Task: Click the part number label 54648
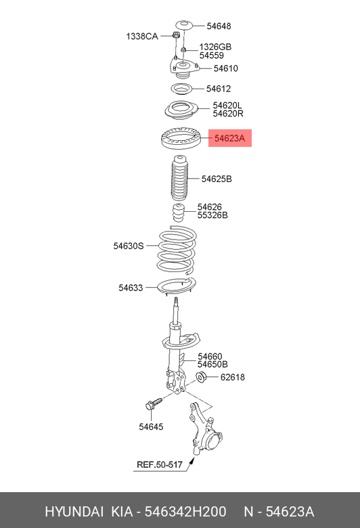(219, 26)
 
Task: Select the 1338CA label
(142, 36)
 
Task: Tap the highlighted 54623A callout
(230, 138)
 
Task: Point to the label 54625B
(217, 179)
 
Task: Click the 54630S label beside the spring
(129, 246)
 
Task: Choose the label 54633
(131, 288)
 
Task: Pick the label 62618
(233, 377)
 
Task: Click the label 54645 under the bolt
(151, 426)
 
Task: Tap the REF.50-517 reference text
(160, 464)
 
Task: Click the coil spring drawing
(177, 250)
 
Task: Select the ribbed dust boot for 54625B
(179, 178)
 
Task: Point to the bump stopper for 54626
(179, 213)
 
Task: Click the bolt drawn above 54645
(154, 403)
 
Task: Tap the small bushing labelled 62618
(201, 376)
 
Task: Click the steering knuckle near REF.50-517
(204, 428)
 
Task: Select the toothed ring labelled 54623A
(181, 138)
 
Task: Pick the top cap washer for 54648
(184, 25)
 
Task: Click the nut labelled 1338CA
(175, 35)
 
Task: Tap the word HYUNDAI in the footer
(74, 512)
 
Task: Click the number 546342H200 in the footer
(185, 512)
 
